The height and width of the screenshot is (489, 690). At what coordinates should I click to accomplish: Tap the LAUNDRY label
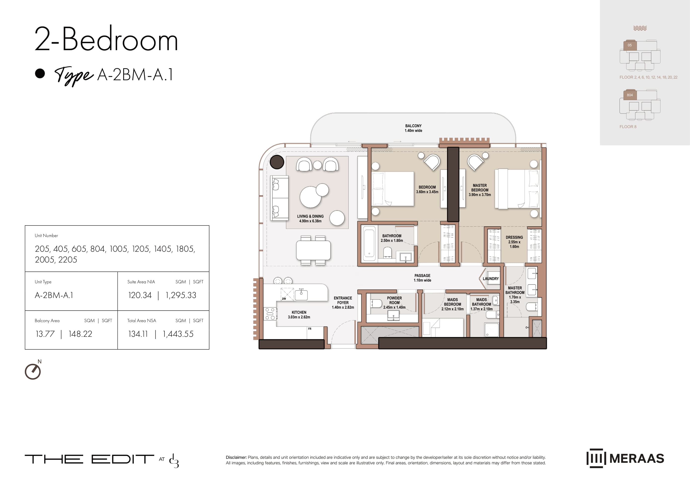click(490, 279)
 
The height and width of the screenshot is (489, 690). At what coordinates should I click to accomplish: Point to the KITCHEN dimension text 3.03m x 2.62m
click(299, 317)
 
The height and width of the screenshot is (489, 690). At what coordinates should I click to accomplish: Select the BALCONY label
click(413, 126)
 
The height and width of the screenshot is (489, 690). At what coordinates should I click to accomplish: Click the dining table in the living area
click(313, 251)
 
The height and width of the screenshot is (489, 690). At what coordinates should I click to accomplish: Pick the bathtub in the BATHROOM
click(369, 244)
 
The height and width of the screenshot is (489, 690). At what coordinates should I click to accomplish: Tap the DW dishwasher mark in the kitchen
click(284, 299)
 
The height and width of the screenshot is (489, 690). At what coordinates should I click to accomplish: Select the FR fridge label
click(310, 329)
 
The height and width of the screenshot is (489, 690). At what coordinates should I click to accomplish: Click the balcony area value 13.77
click(45, 334)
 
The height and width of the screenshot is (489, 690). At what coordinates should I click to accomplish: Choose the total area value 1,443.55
click(178, 334)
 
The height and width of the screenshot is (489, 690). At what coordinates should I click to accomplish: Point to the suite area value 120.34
click(140, 295)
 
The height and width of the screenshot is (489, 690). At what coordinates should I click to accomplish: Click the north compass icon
click(33, 371)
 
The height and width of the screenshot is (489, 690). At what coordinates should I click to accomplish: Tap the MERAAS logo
click(625, 458)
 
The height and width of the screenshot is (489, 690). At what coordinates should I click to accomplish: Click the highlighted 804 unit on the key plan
click(630, 95)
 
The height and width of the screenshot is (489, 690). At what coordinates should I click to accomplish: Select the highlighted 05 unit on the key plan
click(630, 45)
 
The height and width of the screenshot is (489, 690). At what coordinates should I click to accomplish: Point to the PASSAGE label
click(422, 275)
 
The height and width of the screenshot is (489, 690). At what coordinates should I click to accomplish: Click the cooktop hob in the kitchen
click(270, 313)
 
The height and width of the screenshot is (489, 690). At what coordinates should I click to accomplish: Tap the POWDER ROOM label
click(394, 300)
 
